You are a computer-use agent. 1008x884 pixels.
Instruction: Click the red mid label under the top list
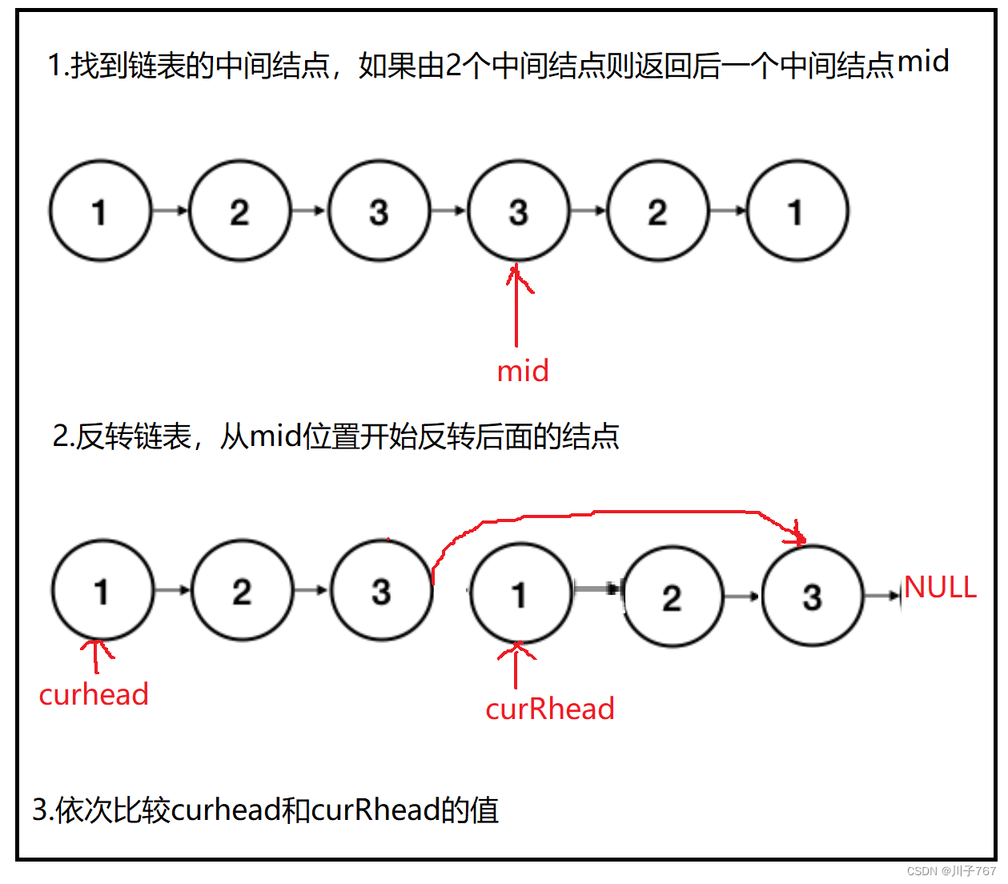[523, 372]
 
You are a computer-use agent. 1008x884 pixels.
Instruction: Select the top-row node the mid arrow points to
[519, 211]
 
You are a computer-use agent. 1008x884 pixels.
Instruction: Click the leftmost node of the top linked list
[100, 211]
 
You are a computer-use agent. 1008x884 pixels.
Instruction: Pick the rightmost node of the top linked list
[797, 211]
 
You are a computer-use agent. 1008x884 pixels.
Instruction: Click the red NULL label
[940, 588]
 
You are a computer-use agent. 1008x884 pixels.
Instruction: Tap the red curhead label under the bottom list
[94, 694]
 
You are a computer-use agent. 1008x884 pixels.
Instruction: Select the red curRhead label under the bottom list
[550, 709]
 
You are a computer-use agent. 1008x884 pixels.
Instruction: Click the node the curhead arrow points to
[102, 591]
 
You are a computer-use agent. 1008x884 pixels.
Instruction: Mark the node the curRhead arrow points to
[521, 594]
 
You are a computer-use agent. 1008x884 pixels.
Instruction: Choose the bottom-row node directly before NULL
[813, 597]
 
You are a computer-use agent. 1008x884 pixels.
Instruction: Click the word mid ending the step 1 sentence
[923, 62]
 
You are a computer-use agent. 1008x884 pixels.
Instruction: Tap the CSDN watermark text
[951, 871]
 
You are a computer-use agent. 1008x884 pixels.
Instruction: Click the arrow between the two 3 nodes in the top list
[448, 211]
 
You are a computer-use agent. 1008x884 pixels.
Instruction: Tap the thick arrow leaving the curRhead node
[597, 589]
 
